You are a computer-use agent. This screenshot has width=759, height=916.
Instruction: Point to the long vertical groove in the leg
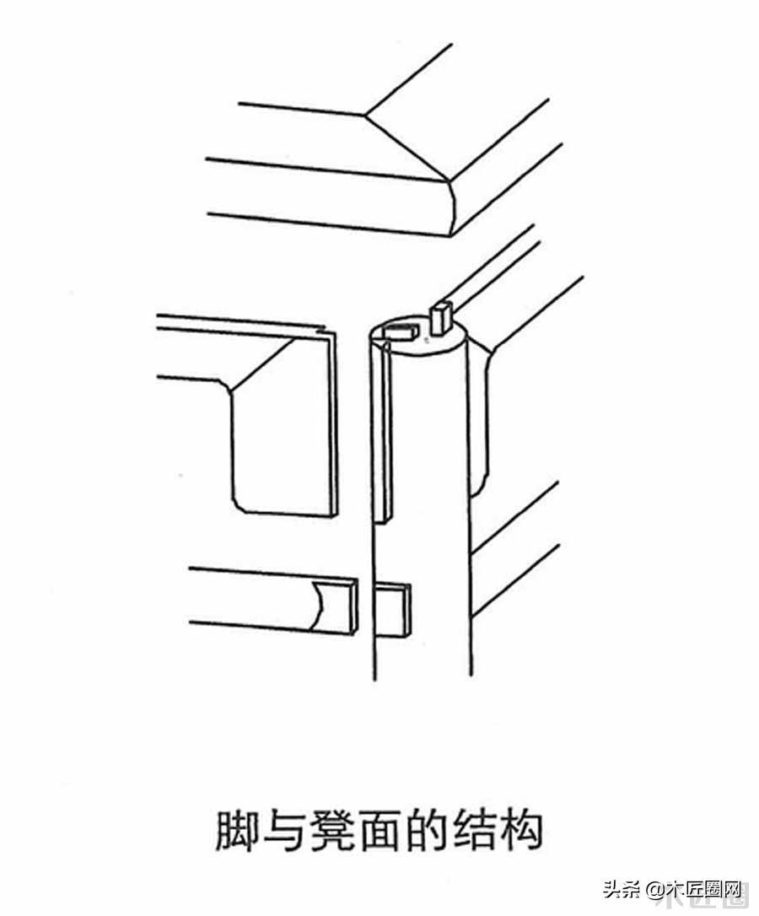(384, 433)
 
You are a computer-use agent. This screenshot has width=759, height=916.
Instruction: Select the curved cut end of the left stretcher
(319, 606)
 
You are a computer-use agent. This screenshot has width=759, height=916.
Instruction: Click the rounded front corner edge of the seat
(453, 208)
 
